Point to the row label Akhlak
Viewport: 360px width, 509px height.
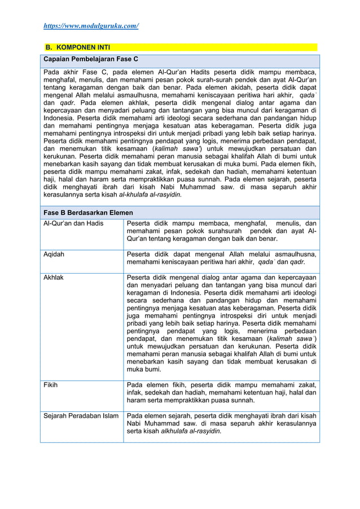(54, 278)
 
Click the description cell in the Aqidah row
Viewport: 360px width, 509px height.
(221, 258)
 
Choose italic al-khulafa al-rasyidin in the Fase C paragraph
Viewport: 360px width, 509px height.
(152, 195)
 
